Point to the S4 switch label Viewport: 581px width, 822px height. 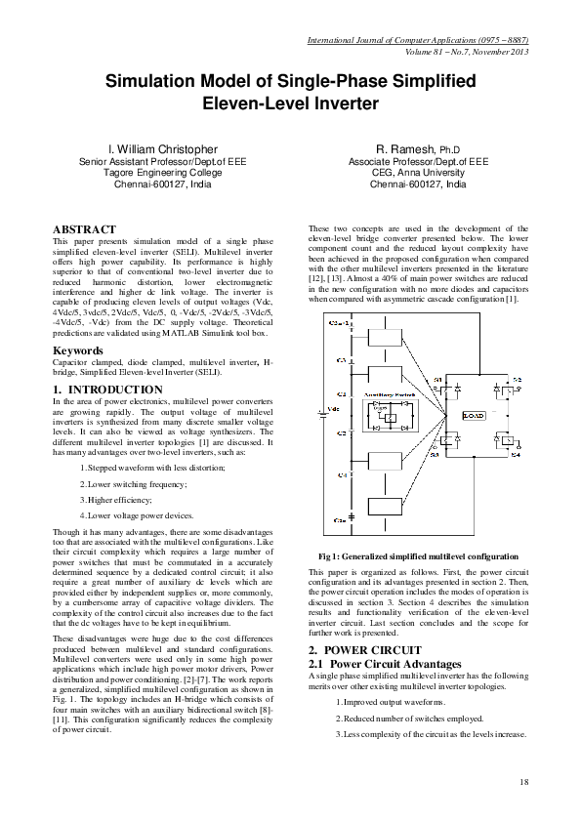coord(516,454)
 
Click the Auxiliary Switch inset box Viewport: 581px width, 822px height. coord(391,414)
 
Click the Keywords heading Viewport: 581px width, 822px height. coord(78,349)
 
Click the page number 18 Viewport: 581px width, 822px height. coord(524,781)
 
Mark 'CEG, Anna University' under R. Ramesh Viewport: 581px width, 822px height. coord(418,172)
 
